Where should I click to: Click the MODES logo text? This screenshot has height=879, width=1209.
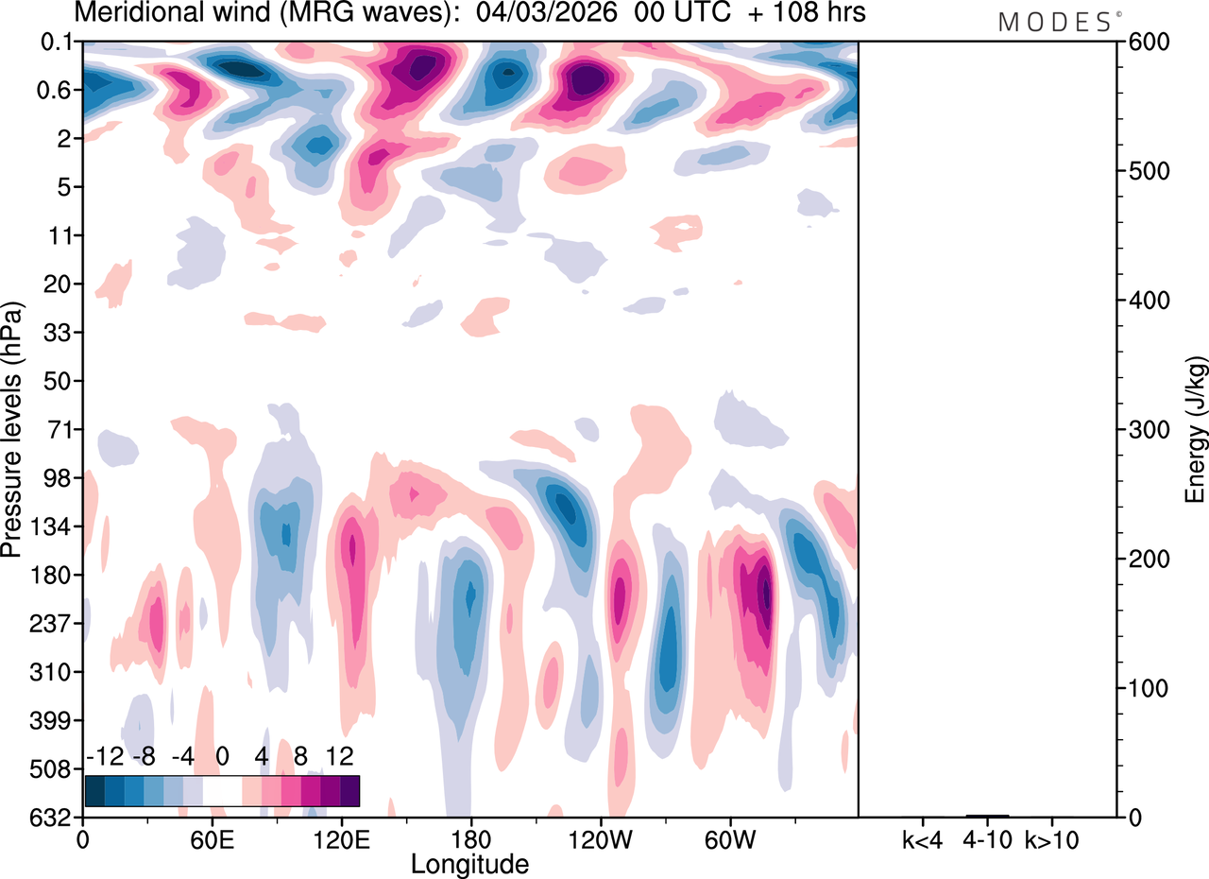click(x=1054, y=23)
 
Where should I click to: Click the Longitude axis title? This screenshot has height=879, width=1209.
click(x=469, y=863)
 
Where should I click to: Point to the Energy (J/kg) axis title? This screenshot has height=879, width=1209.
click(x=1196, y=430)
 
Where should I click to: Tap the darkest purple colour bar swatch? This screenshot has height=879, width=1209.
click(x=349, y=790)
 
